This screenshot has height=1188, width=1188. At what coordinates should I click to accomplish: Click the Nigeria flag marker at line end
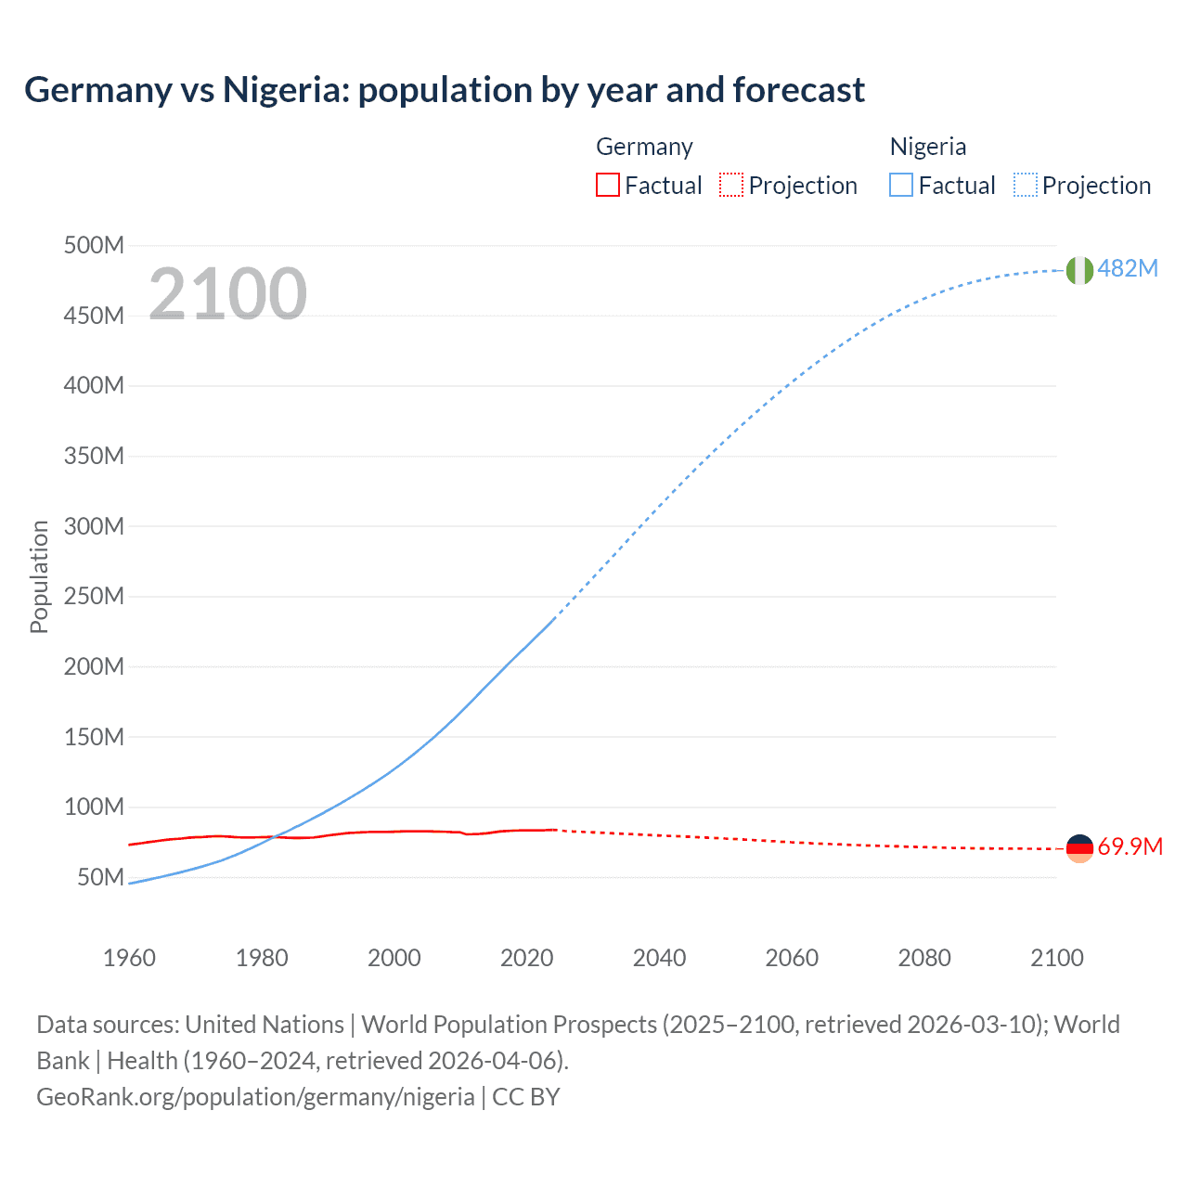tap(1079, 270)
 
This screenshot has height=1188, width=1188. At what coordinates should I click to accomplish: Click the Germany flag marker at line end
tap(1079, 848)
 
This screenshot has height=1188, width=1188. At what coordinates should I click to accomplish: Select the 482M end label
tap(1128, 268)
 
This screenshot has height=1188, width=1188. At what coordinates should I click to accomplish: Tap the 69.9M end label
tap(1130, 846)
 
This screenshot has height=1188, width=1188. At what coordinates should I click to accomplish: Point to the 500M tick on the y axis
tap(94, 245)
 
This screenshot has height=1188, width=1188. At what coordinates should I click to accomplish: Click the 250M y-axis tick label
tap(94, 596)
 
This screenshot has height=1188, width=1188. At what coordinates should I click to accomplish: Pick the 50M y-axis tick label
tap(100, 877)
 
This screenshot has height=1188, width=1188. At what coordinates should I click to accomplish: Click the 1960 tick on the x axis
tap(129, 958)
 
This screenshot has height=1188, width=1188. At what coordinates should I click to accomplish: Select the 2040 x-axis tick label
tap(659, 958)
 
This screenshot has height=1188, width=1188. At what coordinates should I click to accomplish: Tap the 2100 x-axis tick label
tap(1056, 958)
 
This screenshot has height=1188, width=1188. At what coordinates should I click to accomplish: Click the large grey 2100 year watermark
tap(227, 293)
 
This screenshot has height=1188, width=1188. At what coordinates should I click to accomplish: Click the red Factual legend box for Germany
tap(607, 186)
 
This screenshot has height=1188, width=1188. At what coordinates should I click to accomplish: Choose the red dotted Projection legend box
tap(731, 186)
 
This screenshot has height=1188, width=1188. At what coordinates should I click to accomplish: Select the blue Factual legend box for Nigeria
tap(901, 186)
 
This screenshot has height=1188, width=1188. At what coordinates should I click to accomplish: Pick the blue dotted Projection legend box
tap(1026, 186)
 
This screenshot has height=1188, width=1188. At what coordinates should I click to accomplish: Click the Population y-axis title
tap(39, 576)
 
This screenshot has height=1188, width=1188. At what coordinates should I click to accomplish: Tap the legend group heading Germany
tap(644, 147)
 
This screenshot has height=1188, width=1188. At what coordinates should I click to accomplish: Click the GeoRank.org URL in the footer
tap(255, 1097)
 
